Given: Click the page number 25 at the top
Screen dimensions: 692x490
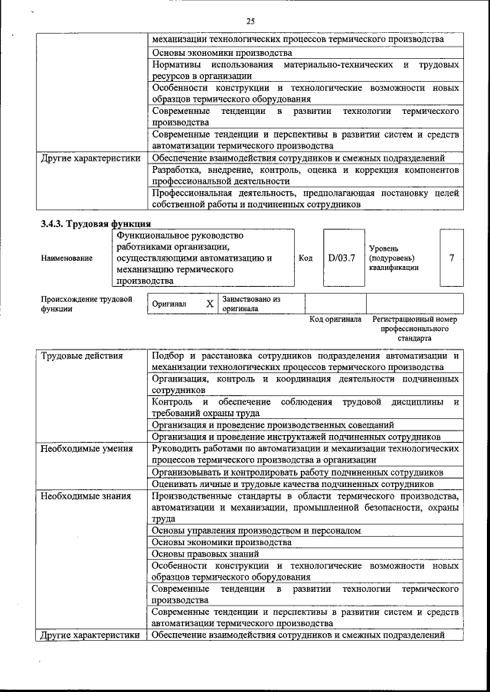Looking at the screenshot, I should pos(250,21).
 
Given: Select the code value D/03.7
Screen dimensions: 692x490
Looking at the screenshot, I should pos(341,258).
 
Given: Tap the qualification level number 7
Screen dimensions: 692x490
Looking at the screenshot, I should pos(452,258).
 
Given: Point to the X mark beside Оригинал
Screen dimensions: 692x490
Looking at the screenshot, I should pos(210,304).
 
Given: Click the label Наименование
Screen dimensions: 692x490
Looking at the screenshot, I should pos(67,258).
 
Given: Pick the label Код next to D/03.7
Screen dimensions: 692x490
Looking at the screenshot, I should pos(305,258).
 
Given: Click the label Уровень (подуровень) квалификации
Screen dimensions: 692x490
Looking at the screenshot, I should pos(394,258).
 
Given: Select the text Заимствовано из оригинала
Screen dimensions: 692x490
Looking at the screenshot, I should pos(252,304).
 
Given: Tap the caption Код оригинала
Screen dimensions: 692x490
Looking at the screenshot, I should pos(335,319).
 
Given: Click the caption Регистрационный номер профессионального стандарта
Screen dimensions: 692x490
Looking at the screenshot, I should pos(414,327).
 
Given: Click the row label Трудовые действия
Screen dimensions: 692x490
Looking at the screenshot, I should pos(82,356).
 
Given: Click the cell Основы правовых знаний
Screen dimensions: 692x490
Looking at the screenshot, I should pos(205,554).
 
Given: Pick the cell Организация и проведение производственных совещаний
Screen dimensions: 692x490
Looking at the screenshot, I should pos(273,424).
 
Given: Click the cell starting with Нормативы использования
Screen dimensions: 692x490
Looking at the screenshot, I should pos(305,70).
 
